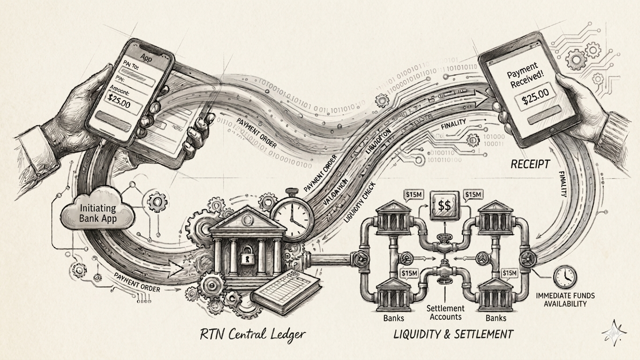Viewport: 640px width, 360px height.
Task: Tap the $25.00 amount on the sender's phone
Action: (119, 100)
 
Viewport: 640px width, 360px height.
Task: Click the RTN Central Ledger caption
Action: (252, 334)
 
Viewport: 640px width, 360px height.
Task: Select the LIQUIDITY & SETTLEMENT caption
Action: (453, 334)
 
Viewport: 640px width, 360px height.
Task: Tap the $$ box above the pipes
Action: (443, 204)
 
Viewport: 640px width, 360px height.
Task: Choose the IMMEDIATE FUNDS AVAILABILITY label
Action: (565, 300)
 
